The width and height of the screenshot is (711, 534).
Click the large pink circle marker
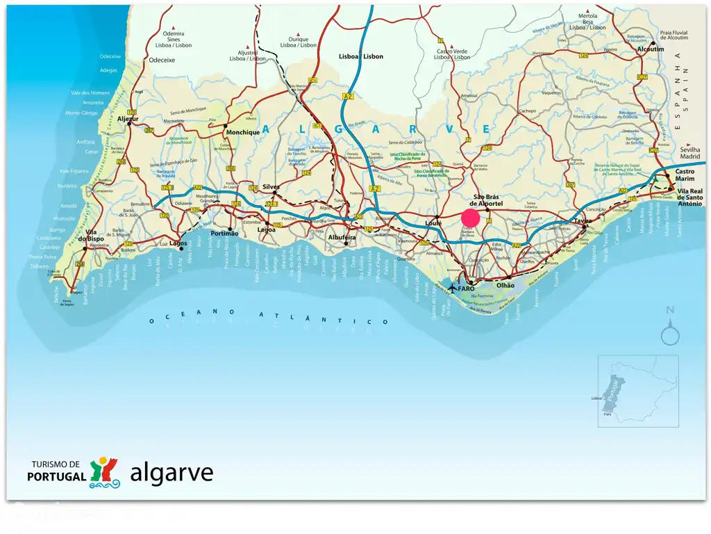pos(471,218)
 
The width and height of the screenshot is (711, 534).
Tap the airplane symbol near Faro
pos(453,287)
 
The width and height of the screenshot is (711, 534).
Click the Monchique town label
pos(242,132)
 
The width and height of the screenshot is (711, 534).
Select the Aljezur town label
pos(128,119)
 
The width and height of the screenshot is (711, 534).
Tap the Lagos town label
pos(178,243)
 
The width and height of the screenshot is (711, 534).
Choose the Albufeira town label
pos(342,237)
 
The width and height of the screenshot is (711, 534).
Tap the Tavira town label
pos(583,221)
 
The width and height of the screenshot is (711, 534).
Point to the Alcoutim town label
pos(651,50)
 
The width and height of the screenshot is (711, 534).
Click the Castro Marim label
pos(685,175)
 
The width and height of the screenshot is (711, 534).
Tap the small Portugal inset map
pos(637,391)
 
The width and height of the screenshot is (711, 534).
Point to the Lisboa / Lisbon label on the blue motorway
pos(360,56)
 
